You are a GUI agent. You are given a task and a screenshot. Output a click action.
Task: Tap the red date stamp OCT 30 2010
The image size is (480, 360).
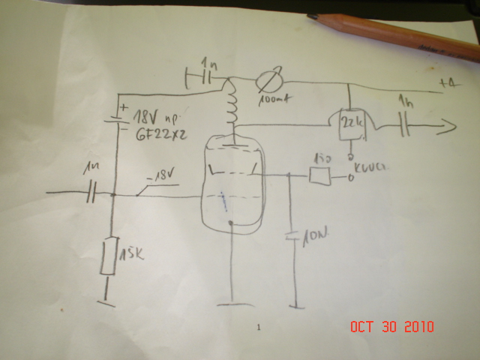click(x=392, y=327)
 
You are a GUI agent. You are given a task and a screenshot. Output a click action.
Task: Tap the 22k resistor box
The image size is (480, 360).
click(x=350, y=127)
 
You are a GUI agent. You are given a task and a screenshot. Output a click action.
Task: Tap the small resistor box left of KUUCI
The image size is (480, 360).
click(x=320, y=177)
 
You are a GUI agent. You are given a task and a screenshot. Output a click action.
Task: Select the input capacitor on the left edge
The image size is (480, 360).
click(x=90, y=194)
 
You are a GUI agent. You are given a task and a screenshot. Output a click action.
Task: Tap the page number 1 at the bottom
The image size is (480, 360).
click(x=259, y=328)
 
